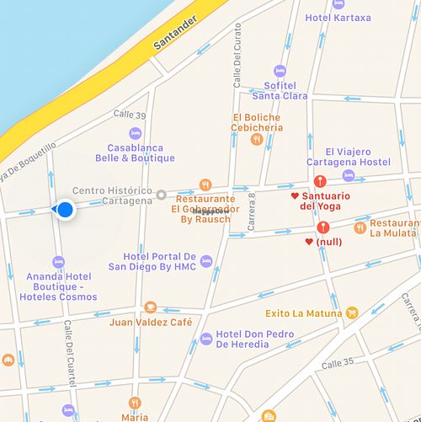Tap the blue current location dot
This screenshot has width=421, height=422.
pyautogui.click(x=64, y=209)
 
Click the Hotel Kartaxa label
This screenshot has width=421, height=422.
pyautogui.click(x=338, y=18)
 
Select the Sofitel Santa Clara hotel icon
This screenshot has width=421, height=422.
pyautogui.click(x=279, y=70)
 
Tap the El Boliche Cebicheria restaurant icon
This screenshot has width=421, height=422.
pyautogui.click(x=257, y=140)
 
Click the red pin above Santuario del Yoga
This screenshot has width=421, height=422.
pyautogui.click(x=319, y=181)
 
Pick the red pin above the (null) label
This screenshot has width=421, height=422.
pyautogui.click(x=323, y=227)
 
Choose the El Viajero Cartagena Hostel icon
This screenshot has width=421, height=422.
pyautogui.click(x=349, y=175)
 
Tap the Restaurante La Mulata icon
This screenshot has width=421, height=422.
pyautogui.click(x=360, y=227)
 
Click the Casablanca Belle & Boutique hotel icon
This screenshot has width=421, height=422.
pyautogui.click(x=136, y=133)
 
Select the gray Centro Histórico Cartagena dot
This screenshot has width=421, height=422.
pyautogui.click(x=162, y=195)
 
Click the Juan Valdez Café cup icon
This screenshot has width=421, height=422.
pyautogui.click(x=151, y=307)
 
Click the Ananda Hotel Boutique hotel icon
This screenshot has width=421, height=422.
pyautogui.click(x=58, y=262)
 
